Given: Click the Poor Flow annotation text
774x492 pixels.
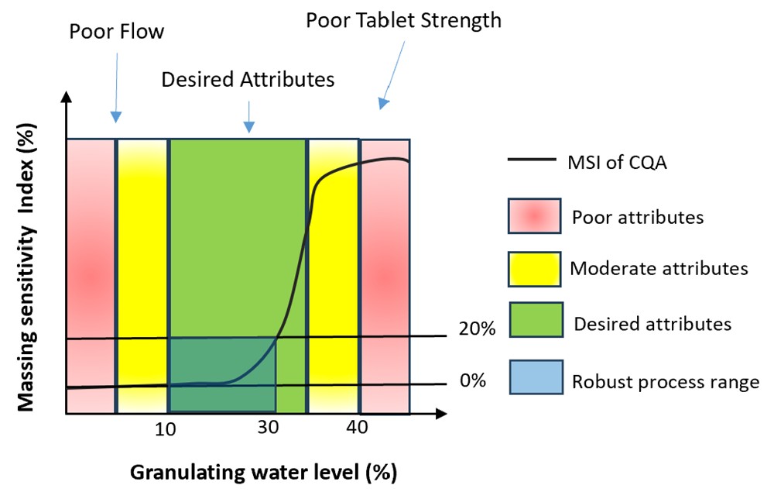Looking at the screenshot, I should [x=117, y=32].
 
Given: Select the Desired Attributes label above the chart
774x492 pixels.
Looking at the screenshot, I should [x=248, y=79].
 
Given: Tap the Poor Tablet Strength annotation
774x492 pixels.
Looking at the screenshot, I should [x=403, y=19].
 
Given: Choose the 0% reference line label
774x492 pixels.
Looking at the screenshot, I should [x=471, y=380].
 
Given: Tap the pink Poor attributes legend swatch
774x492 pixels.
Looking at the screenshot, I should [x=534, y=216].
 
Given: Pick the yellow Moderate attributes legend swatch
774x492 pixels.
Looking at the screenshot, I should [x=534, y=269].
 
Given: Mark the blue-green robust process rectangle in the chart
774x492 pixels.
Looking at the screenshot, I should [x=222, y=374].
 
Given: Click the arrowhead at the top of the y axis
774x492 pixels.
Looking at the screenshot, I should [x=67, y=98].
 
